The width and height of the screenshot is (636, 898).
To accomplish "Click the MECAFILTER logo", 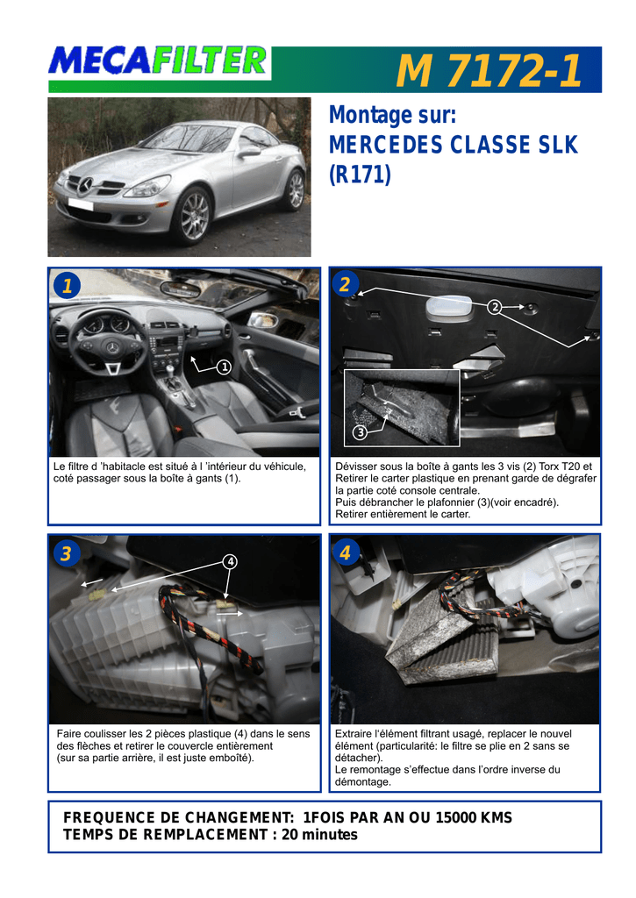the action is [158, 61].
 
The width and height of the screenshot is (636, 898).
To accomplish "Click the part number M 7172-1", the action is [489, 70].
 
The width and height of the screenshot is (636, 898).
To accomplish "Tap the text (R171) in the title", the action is [360, 175].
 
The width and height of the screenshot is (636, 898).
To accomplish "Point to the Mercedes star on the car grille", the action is [85, 185].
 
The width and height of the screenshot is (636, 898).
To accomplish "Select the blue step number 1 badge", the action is [67, 285].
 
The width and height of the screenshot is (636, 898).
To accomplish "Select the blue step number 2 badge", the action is [345, 284].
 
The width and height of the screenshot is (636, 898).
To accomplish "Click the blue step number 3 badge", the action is [67, 553].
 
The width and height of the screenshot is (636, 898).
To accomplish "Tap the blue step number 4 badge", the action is [345, 552].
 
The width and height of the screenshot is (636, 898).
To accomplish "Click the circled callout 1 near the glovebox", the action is [224, 367].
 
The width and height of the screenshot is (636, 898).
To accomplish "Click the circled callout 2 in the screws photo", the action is [495, 308].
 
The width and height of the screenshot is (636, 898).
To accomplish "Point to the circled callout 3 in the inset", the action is [361, 432].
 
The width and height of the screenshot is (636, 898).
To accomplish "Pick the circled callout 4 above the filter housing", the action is [231, 562].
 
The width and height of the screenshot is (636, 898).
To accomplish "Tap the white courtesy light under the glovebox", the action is [449, 309].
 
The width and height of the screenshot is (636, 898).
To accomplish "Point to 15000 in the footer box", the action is [455, 817].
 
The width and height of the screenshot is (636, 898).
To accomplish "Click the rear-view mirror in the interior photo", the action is [180, 289].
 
